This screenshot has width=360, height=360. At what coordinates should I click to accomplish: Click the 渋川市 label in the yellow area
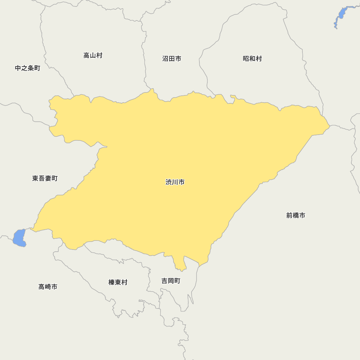point(175,182)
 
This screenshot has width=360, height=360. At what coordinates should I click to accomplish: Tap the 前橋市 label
point(296,215)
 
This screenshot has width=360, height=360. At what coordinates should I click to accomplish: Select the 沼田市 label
point(171,59)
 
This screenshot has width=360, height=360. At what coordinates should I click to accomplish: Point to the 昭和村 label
point(252,59)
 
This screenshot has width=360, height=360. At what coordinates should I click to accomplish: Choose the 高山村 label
point(93,55)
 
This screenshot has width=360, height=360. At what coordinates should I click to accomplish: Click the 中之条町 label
point(27,68)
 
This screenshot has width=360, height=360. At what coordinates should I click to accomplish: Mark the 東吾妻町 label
point(45,178)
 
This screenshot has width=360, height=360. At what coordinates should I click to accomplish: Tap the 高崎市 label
point(48,287)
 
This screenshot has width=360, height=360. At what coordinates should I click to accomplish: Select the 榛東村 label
point(118,283)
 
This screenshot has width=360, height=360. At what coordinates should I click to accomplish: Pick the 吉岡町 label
point(171,281)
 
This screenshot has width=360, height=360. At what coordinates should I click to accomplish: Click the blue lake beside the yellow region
point(19,238)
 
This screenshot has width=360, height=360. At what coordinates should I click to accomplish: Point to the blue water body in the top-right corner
point(341,14)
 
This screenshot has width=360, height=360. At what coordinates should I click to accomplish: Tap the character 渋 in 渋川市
point(169,182)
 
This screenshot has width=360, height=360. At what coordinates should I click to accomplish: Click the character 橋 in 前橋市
point(296,215)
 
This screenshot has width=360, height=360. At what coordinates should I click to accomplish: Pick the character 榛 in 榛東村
point(112,283)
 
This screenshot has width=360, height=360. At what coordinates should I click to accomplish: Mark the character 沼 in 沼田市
point(165,59)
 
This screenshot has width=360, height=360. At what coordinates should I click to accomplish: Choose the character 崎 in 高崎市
point(48,287)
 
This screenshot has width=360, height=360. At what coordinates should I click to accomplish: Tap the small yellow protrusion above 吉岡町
point(180,265)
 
